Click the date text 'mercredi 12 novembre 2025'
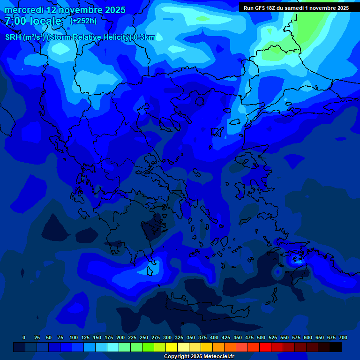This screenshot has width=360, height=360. click(65, 10)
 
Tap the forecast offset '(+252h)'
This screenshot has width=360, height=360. click(83, 21)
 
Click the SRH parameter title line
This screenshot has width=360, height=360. click(80, 37)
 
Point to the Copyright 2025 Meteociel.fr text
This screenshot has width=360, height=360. click(199, 356)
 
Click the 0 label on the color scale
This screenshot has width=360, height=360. click(24, 337)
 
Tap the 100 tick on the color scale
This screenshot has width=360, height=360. click(74, 337)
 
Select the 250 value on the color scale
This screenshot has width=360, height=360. click(144, 337)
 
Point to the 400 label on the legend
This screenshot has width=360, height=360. click(214, 337)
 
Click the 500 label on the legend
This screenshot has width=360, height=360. click(261, 337)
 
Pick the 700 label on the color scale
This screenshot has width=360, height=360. click(343, 337)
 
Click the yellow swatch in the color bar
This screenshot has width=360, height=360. click(172, 347)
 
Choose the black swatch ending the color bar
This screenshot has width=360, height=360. click(336, 347)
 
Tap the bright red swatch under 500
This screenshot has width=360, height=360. click(265, 347)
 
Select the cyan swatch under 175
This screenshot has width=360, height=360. click(113, 347)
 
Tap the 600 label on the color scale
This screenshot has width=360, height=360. click(308, 337)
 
